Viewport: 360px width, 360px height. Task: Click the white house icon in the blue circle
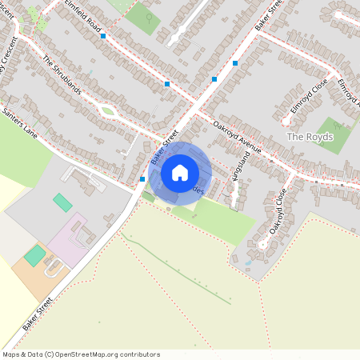(x=180, y=171)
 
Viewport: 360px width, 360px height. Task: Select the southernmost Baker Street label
(x=38, y=314)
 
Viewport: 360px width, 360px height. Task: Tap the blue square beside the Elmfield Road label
(x=103, y=36)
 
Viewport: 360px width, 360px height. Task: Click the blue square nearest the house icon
(x=142, y=179)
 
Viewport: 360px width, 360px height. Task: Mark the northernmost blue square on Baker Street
(x=235, y=62)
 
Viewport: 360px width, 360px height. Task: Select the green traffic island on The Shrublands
(x=107, y=111)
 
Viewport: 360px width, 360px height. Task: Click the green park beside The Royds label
(x=334, y=134)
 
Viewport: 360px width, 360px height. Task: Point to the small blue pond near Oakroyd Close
(x=249, y=262)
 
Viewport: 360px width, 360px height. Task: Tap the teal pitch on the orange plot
(x=34, y=255)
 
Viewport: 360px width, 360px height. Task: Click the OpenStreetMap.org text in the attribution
(x=91, y=354)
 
